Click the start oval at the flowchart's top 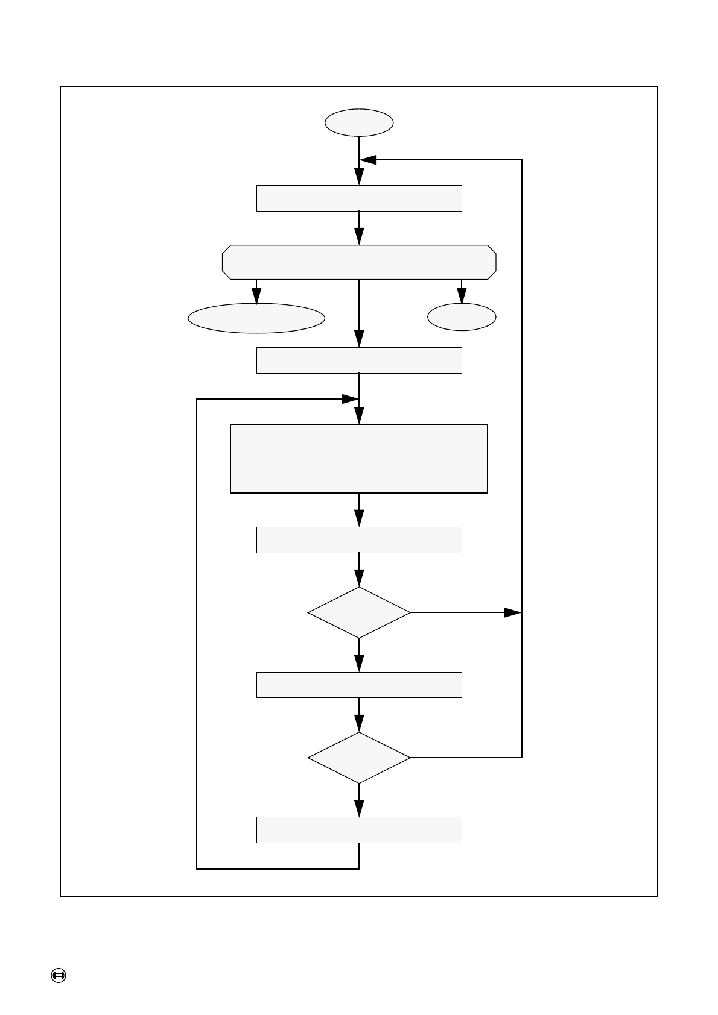pyautogui.click(x=359, y=123)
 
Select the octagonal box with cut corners pyautogui.click(x=359, y=262)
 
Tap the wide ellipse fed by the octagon pyautogui.click(x=256, y=318)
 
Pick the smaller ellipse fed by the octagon pyautogui.click(x=462, y=316)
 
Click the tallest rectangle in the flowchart pyautogui.click(x=359, y=459)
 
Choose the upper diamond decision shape pyautogui.click(x=359, y=612)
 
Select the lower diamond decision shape pyautogui.click(x=359, y=758)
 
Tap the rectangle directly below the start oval pyautogui.click(x=359, y=198)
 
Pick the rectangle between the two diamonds pyautogui.click(x=359, y=685)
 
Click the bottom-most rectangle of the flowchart pyautogui.click(x=359, y=829)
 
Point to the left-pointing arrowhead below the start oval pyautogui.click(x=368, y=160)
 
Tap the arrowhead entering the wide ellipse pyautogui.click(x=256, y=295)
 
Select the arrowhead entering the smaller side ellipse pyautogui.click(x=462, y=295)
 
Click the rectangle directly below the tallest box pyautogui.click(x=359, y=539)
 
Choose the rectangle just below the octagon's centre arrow pyautogui.click(x=359, y=360)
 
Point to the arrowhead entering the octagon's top pyautogui.click(x=359, y=237)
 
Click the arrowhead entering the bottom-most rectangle pyautogui.click(x=359, y=808)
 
